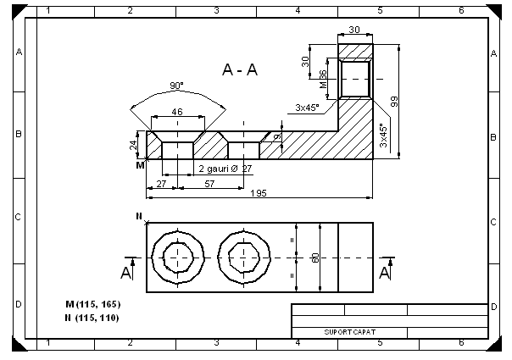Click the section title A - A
240,70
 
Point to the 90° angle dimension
176,86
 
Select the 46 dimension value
177,111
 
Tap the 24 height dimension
133,145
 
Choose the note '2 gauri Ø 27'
225,169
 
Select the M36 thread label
323,80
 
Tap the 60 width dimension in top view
315,258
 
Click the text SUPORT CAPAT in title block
343,331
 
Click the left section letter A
126,273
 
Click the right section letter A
385,273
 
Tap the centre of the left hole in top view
176,257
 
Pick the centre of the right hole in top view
245,257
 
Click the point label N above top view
139,217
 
